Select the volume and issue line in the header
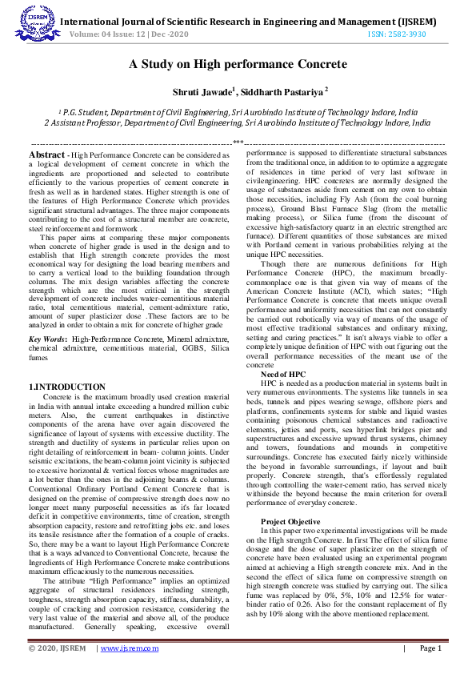[131, 34]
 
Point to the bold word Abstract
[47, 154]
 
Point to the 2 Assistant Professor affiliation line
[238, 123]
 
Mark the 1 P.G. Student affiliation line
[238, 113]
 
